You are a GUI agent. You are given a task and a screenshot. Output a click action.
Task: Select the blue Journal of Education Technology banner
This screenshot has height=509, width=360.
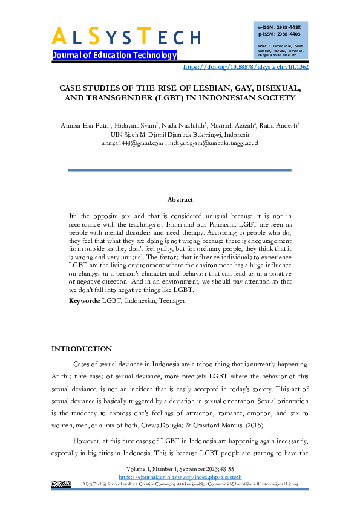114,55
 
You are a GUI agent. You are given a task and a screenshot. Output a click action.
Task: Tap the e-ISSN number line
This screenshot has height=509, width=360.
279,28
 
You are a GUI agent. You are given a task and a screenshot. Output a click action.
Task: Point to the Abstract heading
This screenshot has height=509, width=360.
180,199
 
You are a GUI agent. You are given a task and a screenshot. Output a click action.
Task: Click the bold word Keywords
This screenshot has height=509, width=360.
83,300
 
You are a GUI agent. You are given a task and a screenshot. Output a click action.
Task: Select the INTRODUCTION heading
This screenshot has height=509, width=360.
82,349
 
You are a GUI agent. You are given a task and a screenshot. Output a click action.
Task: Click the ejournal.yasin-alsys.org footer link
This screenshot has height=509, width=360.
180,477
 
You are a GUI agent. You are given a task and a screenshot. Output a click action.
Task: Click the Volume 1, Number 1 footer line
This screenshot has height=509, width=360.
180,470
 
